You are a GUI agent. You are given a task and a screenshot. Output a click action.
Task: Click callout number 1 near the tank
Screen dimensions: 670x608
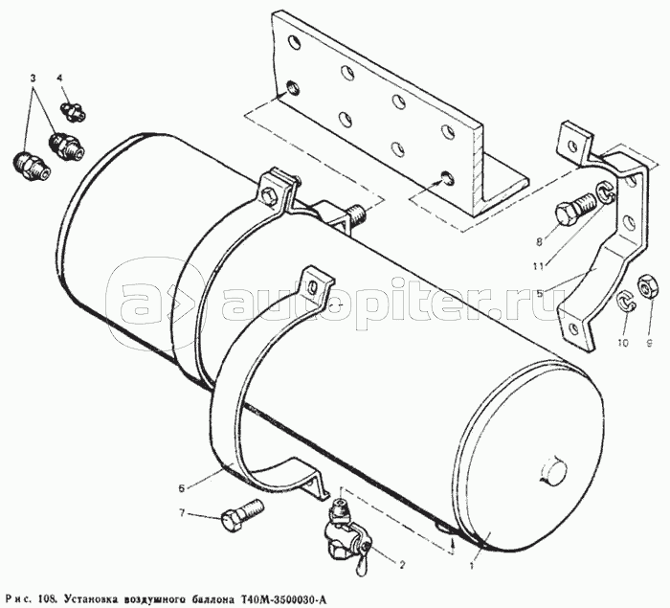click(471, 567)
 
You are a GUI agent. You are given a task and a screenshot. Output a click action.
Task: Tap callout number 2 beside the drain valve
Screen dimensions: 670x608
click(401, 565)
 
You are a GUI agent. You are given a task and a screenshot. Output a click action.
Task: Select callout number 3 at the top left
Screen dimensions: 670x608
click(33, 79)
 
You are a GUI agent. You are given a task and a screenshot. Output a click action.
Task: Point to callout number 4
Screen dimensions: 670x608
click(59, 78)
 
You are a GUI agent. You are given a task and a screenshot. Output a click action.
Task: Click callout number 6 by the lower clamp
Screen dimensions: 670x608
click(182, 488)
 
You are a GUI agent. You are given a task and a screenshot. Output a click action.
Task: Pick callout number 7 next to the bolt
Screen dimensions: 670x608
click(183, 513)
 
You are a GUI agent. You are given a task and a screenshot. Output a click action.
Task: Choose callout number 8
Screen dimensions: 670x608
click(539, 242)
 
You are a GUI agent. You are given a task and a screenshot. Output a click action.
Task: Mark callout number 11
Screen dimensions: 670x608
click(538, 267)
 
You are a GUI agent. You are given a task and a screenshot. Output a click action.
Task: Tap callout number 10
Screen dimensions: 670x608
click(623, 343)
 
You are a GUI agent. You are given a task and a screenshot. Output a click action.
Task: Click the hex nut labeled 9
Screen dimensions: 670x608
click(645, 286)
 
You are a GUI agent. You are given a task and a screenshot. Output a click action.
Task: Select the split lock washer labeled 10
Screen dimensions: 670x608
click(625, 301)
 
